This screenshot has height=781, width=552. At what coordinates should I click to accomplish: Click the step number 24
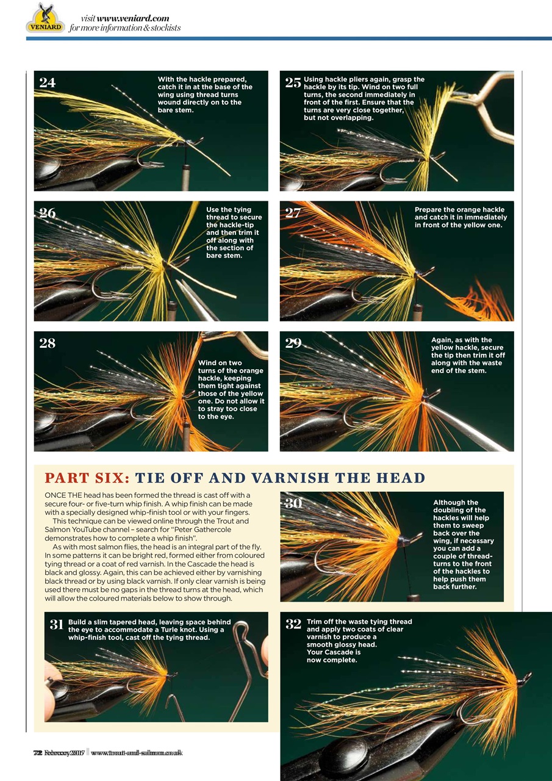(48, 83)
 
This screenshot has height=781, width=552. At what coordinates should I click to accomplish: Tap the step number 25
(293, 83)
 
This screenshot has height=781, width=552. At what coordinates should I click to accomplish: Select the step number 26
(48, 213)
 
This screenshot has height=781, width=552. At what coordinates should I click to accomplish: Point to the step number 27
(293, 213)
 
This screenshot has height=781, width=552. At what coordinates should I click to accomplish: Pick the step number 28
(48, 343)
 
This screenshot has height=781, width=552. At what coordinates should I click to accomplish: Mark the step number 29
(293, 343)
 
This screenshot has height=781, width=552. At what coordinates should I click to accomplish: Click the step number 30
(293, 503)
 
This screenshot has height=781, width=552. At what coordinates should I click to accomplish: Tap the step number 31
(57, 624)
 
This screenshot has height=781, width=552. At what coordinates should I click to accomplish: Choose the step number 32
(293, 624)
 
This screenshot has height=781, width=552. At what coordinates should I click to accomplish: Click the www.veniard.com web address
(133, 18)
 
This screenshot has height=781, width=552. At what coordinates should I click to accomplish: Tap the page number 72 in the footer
(37, 752)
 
